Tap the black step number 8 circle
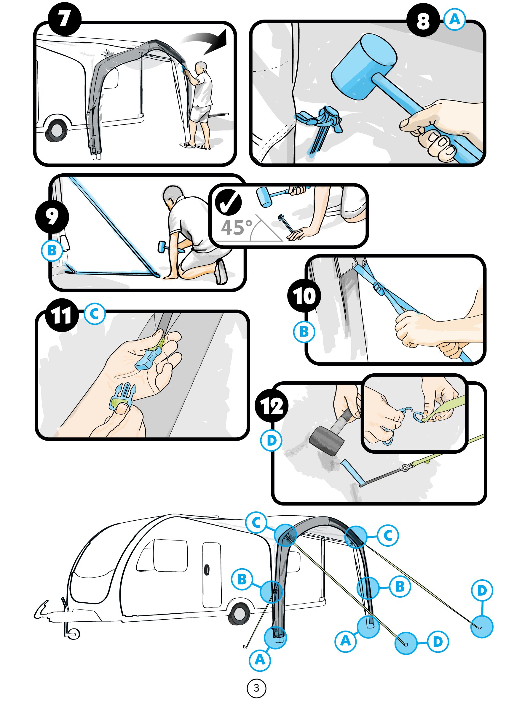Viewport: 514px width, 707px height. click(x=423, y=20)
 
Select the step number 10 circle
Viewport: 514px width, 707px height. click(x=304, y=296)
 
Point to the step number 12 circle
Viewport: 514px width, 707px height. click(x=272, y=406)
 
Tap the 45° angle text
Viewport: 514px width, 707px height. click(x=236, y=228)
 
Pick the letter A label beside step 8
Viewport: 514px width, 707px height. click(x=455, y=20)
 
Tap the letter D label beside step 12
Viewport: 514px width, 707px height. click(x=271, y=441)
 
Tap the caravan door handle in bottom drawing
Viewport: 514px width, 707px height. click(x=207, y=570)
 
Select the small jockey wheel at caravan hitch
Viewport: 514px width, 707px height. click(x=74, y=633)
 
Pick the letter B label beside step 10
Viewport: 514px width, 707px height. click(x=304, y=332)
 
